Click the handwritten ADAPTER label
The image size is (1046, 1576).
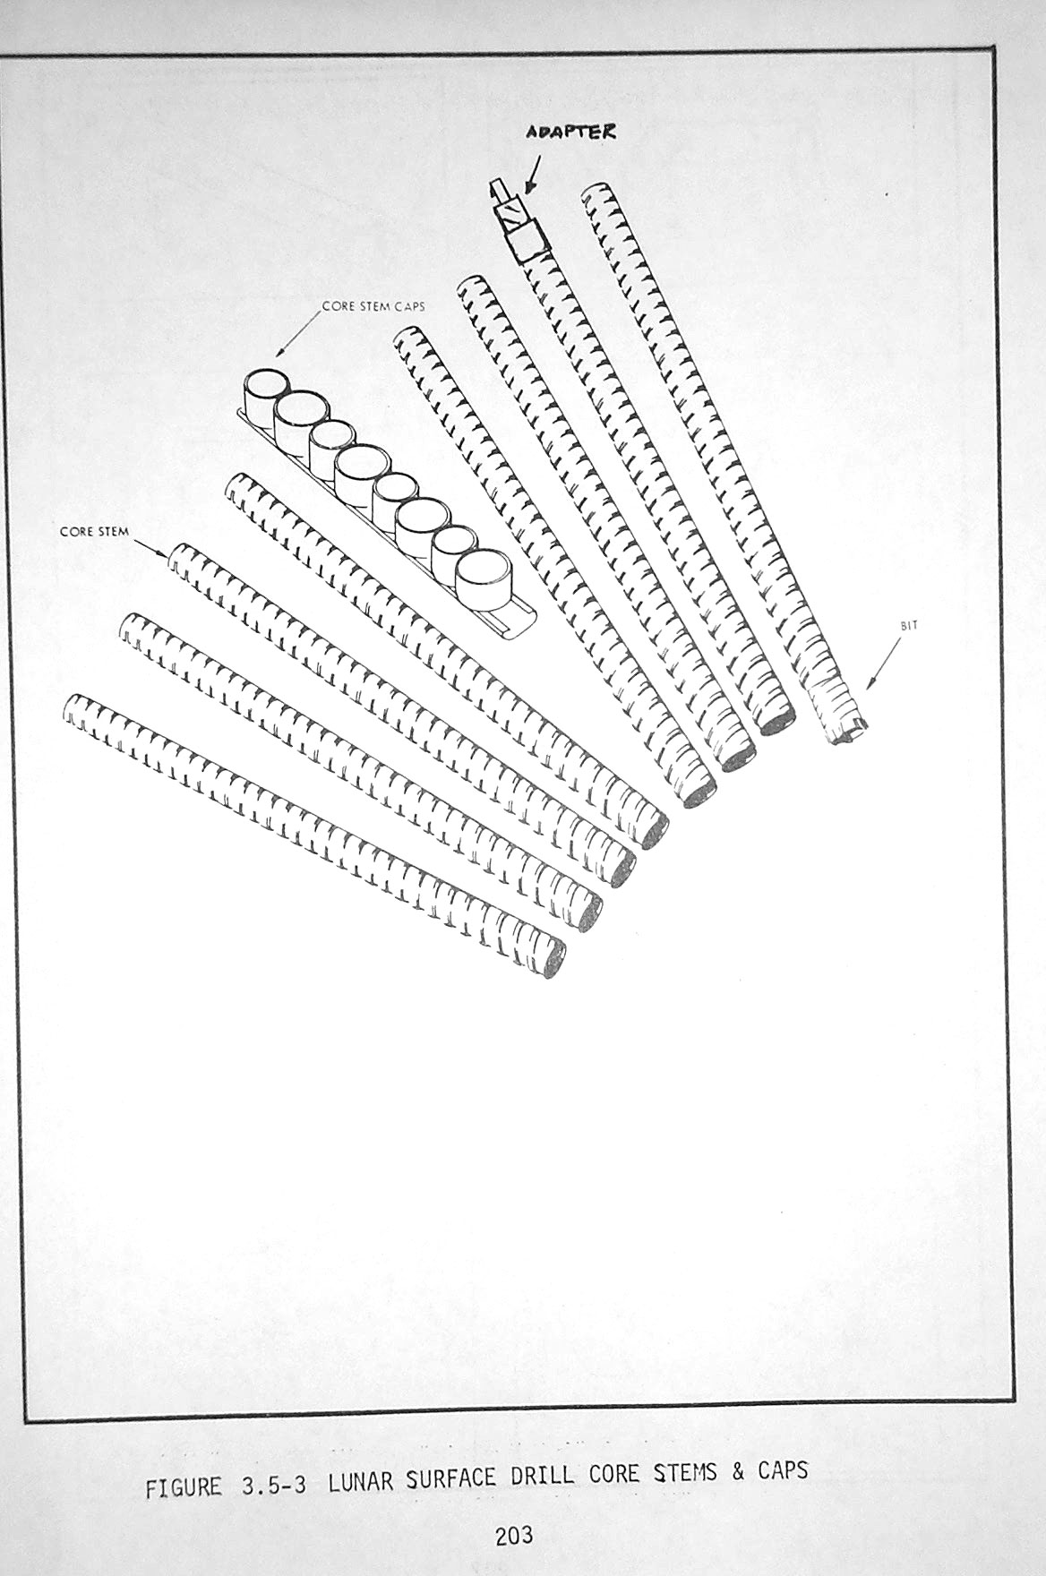[570, 132]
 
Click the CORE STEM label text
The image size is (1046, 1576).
[94, 531]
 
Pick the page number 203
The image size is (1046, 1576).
[514, 1536]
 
